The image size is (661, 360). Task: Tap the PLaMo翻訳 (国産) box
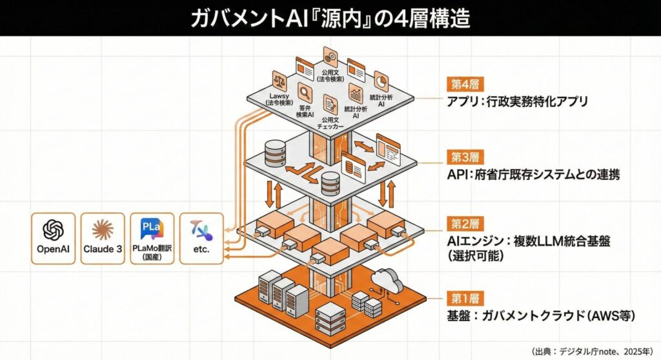coord(152,239)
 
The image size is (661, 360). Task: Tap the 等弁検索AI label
coord(305,110)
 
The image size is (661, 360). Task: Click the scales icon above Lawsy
coord(281,81)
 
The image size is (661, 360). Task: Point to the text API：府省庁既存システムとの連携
coord(533,175)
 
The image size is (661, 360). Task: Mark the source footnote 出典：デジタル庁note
coord(580,351)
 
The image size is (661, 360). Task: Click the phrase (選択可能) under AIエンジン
coord(474,254)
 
